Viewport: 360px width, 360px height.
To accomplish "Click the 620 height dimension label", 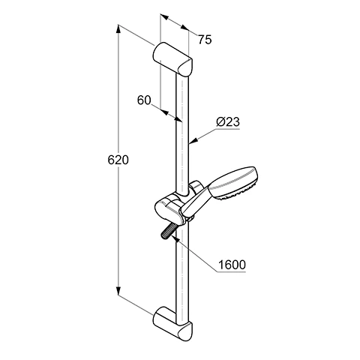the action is pos(118,160).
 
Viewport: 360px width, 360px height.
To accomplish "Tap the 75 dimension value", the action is pos(205,40).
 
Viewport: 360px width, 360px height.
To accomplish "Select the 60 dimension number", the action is pos(144,100).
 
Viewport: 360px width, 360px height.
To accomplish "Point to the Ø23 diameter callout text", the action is pos(228,122).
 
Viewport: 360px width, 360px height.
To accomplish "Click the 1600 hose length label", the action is pos(232,265).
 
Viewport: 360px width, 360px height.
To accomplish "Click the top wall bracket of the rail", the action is pos(173,58).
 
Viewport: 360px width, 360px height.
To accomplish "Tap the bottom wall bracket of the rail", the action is pos(173,322).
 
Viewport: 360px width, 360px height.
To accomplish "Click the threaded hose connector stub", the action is pos(168,231).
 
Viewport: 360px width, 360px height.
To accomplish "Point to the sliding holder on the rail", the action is pos(172,208).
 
